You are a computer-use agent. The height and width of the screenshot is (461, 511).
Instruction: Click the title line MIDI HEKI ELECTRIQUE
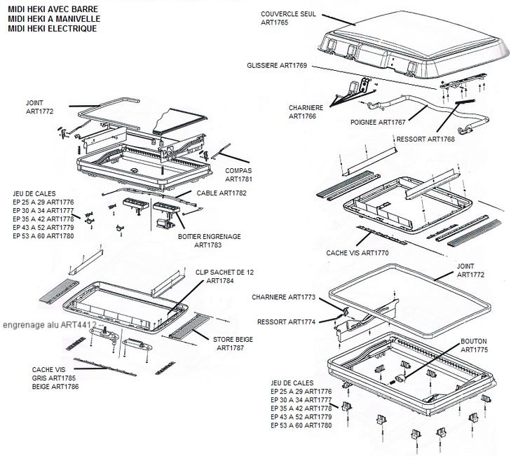click(53, 29)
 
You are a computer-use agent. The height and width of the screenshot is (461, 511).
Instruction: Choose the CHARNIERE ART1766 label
click(306, 112)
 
